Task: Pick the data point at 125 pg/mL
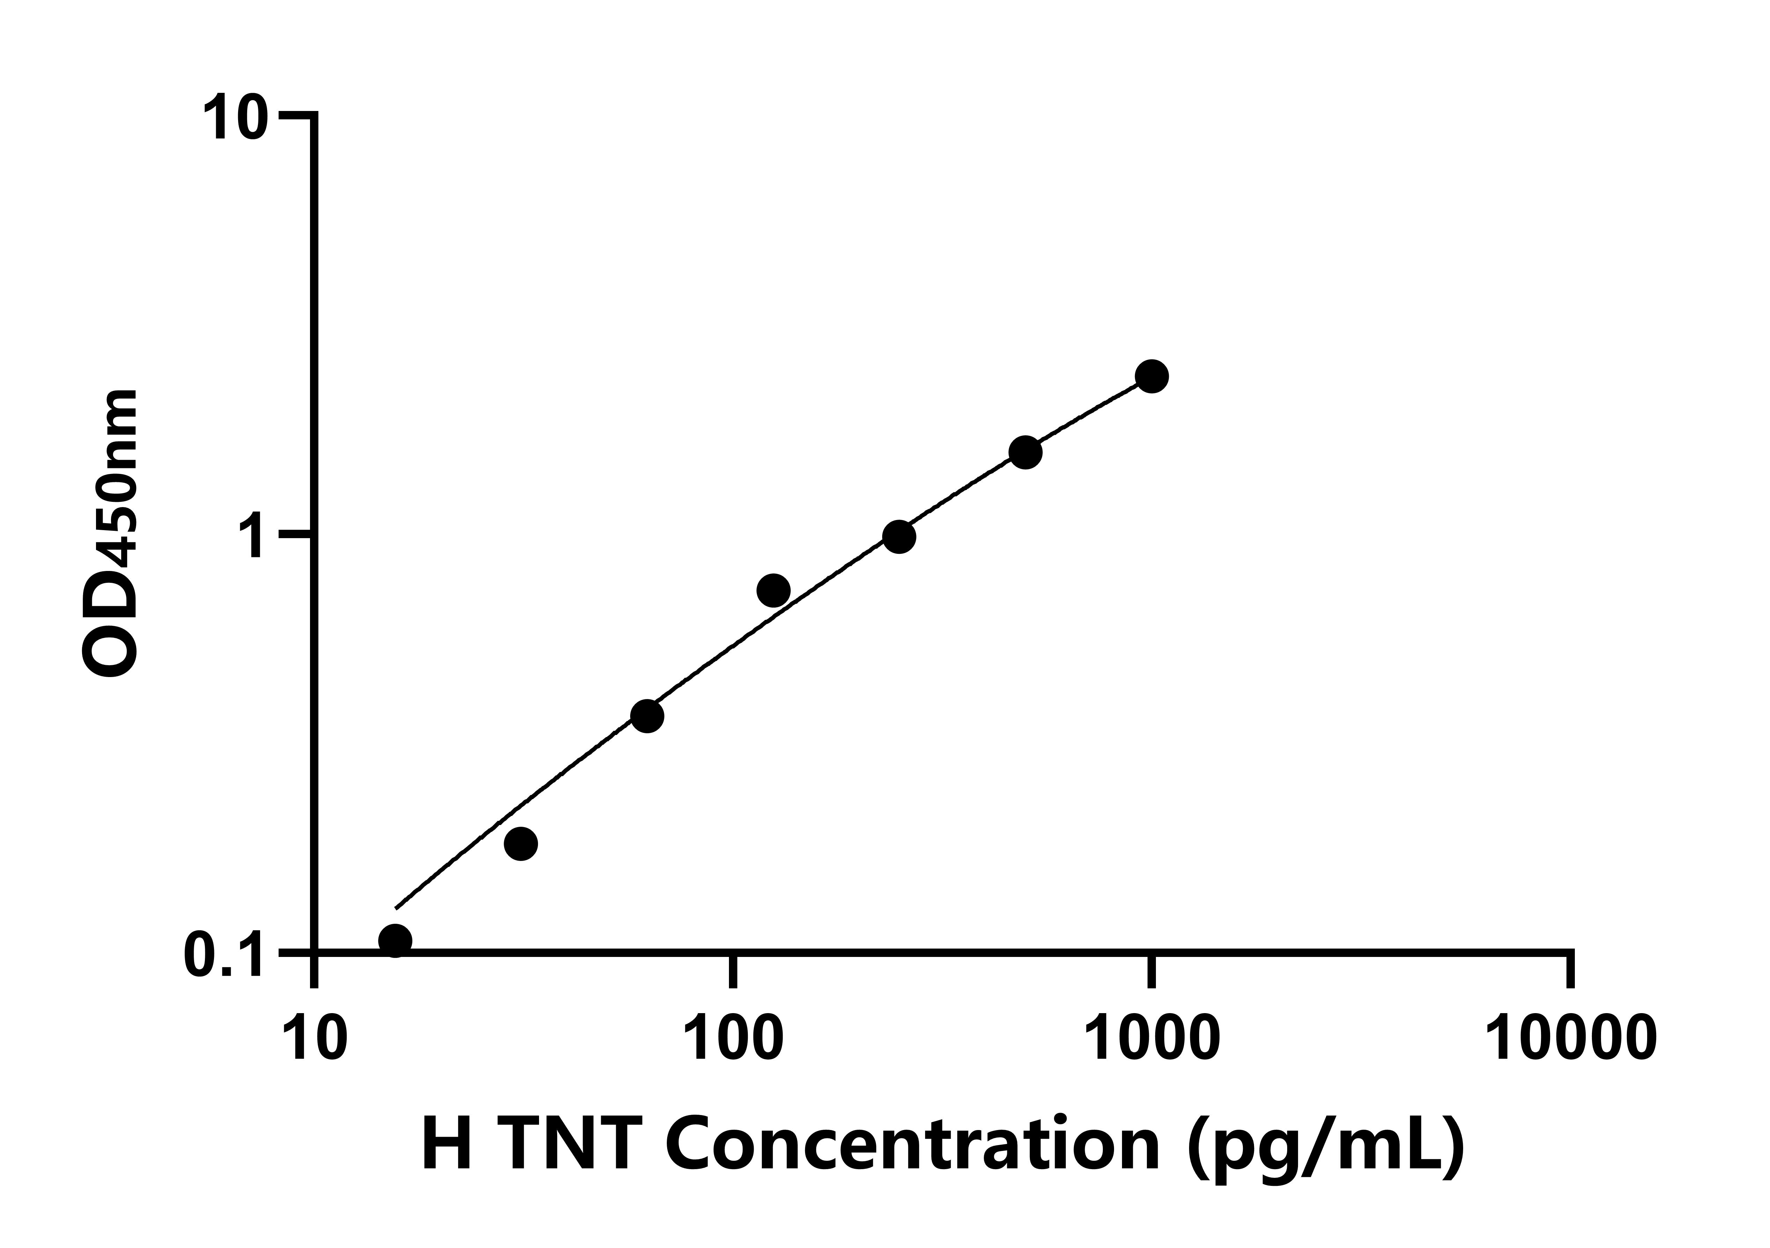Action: click(773, 590)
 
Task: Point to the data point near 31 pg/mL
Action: click(521, 843)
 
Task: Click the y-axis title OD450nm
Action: click(110, 532)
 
